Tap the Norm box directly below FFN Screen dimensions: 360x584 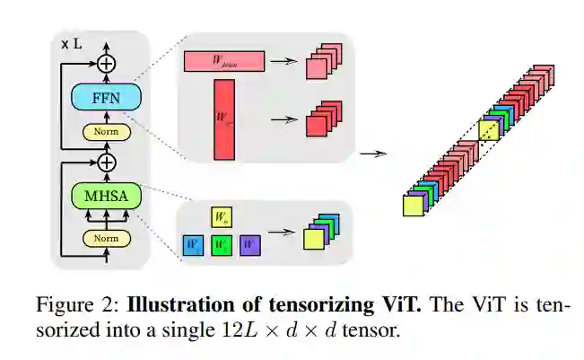coord(107,133)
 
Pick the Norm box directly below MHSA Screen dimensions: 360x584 coord(107,239)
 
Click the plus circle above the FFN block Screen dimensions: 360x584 coord(107,63)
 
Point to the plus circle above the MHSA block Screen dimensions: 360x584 coord(107,162)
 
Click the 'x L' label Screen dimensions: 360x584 coord(72,42)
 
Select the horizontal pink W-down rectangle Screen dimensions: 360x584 coord(224,61)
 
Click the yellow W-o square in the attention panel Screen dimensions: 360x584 coord(222,216)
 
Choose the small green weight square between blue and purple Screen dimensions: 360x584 coord(222,244)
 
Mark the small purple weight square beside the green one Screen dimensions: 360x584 coord(250,244)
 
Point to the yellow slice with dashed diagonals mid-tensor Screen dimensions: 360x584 coord(489,131)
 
